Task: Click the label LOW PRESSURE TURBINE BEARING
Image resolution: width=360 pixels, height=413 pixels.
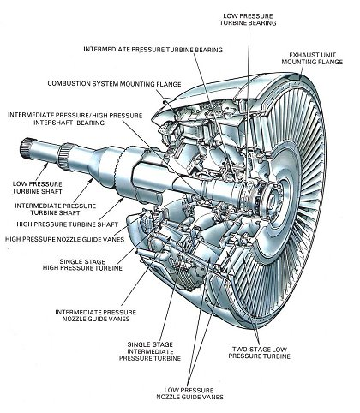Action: point(248,20)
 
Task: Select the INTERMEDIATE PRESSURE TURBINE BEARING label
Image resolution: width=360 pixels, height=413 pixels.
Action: point(153,50)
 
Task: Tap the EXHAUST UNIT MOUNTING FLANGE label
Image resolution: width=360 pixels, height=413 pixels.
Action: point(312,58)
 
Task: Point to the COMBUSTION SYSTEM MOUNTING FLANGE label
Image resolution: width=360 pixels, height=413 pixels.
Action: point(114,84)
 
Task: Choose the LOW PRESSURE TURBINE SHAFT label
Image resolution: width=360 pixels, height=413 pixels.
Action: point(37,188)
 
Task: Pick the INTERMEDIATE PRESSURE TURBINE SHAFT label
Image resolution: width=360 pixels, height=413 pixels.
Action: point(56,209)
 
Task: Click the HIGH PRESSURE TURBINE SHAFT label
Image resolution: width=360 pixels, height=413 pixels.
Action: point(67,224)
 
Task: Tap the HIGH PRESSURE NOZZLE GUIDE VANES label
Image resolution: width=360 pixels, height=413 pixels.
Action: point(64,239)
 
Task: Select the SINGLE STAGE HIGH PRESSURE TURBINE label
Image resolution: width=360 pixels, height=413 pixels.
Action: point(82,265)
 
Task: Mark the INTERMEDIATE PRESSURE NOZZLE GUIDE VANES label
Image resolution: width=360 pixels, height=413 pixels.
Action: point(96,315)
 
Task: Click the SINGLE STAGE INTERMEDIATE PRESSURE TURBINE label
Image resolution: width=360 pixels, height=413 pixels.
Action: point(150,351)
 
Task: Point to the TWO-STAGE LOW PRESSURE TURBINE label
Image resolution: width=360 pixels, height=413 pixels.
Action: point(259,353)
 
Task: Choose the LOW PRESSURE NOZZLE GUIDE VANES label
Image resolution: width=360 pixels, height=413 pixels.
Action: point(189,393)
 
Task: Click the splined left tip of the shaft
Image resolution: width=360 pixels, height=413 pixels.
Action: point(25,147)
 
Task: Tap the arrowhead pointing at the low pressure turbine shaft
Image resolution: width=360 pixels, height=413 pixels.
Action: point(46,165)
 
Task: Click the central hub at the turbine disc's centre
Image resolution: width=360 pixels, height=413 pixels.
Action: point(272,200)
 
